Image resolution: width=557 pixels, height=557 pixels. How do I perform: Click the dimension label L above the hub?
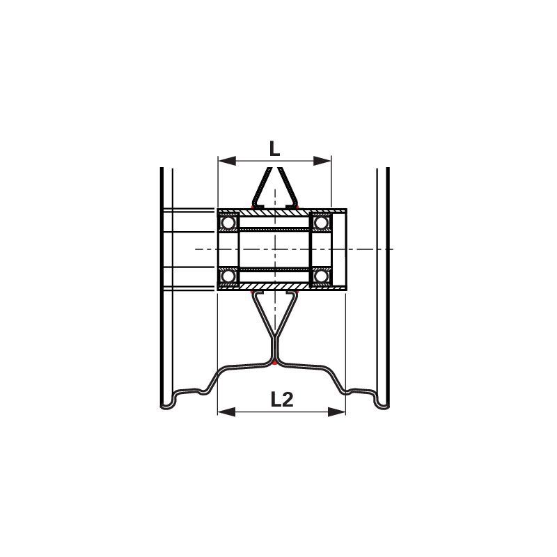[274, 148]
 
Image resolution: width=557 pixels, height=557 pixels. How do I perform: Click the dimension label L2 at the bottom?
[281, 399]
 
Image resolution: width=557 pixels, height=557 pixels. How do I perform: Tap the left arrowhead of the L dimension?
[223, 161]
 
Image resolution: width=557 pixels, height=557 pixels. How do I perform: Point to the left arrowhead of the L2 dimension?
[223, 412]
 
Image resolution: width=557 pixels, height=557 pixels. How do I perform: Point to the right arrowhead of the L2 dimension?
[340, 412]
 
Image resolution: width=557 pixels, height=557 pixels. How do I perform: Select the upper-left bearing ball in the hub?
[228, 223]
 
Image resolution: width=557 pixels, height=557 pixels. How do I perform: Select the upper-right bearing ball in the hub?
[321, 223]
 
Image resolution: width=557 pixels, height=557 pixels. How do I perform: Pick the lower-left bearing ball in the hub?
[228, 277]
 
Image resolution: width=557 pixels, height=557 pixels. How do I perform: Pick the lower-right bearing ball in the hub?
[321, 277]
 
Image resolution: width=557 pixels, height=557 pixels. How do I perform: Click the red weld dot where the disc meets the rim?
[276, 363]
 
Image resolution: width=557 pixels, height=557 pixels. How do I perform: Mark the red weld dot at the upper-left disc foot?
[253, 207]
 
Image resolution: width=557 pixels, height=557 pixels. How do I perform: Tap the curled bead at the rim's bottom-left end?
[168, 402]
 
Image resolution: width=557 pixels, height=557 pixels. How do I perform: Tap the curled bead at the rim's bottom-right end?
[382, 402]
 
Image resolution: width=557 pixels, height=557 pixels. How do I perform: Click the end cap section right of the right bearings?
[339, 249]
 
